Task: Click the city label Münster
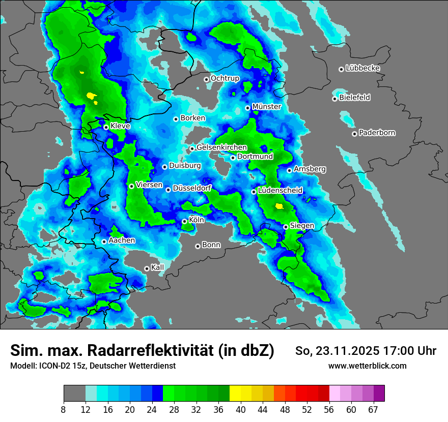(266, 107)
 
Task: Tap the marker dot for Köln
(184, 221)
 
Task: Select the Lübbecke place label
(362, 68)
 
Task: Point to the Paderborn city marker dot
(354, 134)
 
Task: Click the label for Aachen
(122, 240)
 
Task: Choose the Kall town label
(157, 267)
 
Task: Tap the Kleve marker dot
(106, 127)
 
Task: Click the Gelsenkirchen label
(221, 147)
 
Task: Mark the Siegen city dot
(286, 227)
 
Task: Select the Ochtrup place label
(225, 78)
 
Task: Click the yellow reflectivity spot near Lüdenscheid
(278, 206)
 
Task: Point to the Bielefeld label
(354, 97)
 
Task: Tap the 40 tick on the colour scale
(241, 409)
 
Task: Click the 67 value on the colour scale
(373, 409)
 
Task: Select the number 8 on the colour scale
(64, 409)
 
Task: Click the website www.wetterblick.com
(367, 366)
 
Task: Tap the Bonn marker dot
(198, 246)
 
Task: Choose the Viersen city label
(149, 185)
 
